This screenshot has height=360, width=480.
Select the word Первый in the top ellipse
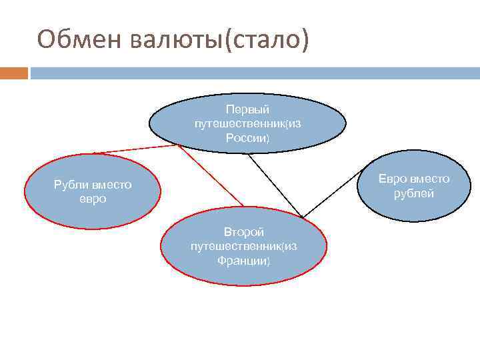click(247, 109)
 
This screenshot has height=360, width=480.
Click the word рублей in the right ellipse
click(414, 193)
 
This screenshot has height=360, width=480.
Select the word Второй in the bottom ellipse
click(244, 232)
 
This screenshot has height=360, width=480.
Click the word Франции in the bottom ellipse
click(242, 261)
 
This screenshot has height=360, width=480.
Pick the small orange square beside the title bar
click(14, 73)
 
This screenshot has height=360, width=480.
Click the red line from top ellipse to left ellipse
click(133, 149)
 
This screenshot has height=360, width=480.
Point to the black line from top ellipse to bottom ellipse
click(275, 185)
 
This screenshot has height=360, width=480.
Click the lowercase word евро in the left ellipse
click(93, 199)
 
